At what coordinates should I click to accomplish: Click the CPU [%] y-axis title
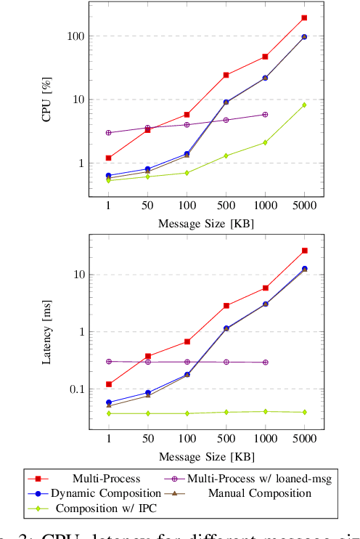click(47, 100)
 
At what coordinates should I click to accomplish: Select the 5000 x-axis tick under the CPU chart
click(304, 206)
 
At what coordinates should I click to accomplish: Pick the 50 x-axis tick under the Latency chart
click(148, 440)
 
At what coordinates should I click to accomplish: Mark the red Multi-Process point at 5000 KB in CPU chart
click(304, 17)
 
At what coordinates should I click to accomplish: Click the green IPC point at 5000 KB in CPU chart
click(304, 105)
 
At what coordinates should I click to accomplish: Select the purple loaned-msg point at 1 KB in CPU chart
click(109, 133)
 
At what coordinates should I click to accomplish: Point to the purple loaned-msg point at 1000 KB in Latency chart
click(265, 362)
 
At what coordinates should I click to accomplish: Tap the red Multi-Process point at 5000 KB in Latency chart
click(304, 251)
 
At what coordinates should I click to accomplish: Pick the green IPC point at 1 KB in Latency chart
click(109, 413)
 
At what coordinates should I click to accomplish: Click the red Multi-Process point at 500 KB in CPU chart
click(226, 75)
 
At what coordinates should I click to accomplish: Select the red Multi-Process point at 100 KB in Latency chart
click(187, 341)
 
